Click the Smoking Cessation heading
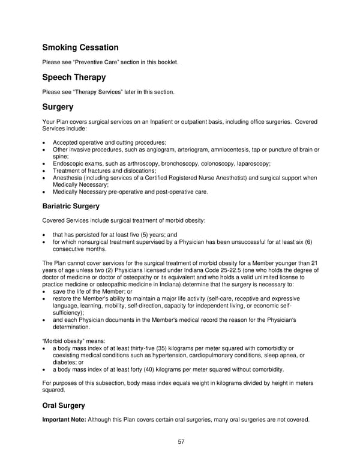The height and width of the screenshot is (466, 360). [x=80, y=47]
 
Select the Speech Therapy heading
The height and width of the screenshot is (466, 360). [x=74, y=77]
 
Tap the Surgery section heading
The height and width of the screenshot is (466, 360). [x=58, y=107]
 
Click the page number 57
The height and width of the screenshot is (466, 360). [x=181, y=441]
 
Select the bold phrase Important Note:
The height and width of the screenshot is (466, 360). [x=64, y=420]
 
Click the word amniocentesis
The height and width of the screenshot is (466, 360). [x=248, y=150]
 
